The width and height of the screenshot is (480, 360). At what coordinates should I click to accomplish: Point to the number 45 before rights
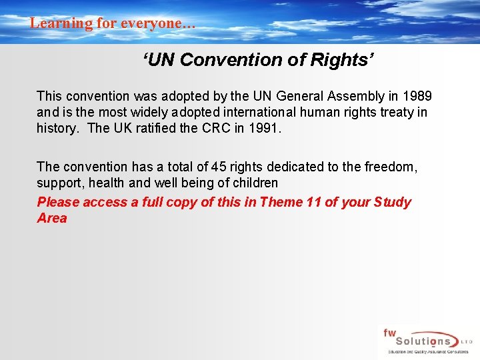[218, 167]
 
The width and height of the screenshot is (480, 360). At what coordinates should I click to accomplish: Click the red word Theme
[281, 202]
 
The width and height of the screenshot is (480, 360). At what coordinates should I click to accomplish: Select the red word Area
[52, 218]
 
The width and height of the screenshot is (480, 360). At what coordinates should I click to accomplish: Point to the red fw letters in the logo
[389, 333]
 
